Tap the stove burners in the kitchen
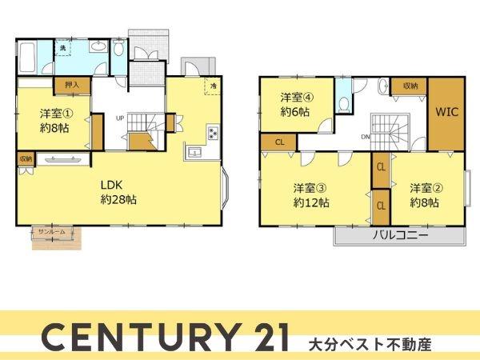pyautogui.click(x=214, y=132)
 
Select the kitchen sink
pyautogui.click(x=194, y=151)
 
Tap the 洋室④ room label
pyautogui.click(x=296, y=104)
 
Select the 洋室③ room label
pyautogui.click(x=310, y=195)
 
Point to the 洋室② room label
pyautogui.click(x=425, y=195)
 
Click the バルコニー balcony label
pyautogui.click(x=400, y=236)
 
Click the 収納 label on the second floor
pyautogui.click(x=410, y=85)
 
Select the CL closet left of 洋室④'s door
pyautogui.click(x=279, y=142)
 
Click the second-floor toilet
pyautogui.click(x=342, y=102)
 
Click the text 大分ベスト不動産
pyautogui.click(x=370, y=346)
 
